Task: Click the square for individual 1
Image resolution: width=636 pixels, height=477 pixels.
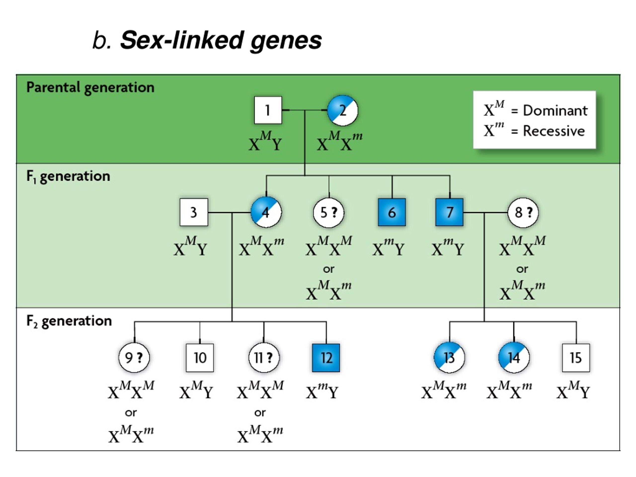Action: pos(268,110)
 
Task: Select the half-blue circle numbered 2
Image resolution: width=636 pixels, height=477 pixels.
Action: pos(343,110)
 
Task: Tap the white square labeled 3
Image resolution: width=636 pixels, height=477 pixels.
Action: pos(194,212)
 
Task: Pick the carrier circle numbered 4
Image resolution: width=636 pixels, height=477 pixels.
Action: pos(266,212)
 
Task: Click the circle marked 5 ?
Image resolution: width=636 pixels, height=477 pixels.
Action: pos(329,212)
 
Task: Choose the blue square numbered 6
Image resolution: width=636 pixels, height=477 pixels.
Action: pos(392,212)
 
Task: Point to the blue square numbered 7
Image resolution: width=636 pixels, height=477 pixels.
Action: pos(449,212)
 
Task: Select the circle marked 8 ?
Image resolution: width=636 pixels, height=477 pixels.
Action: pos(523,212)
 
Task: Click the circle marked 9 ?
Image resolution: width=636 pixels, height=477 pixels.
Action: pos(134,358)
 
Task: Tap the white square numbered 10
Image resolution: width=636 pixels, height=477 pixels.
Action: pos(200,358)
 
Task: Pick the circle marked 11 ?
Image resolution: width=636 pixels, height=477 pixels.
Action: pos(264,358)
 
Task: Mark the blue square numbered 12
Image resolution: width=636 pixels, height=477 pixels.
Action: pos(326,358)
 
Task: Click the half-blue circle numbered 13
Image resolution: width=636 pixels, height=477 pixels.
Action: pos(449,358)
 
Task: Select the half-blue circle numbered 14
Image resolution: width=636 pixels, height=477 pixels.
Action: pos(514,358)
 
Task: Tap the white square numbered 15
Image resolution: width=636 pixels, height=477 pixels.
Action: pos(576,358)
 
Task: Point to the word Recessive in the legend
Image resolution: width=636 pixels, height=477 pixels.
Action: pos(554,131)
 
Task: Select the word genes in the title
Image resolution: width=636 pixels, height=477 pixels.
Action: pos(286,40)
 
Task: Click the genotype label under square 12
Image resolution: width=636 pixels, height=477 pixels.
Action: pos(322,391)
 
